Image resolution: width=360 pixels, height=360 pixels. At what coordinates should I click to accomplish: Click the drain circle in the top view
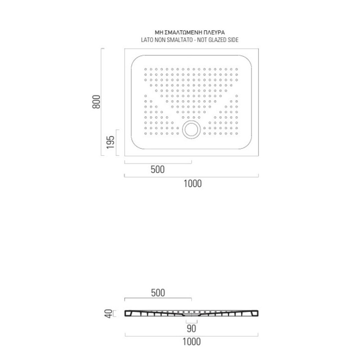pos(191,129)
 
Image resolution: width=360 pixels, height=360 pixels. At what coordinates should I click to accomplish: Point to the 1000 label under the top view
pos(192,183)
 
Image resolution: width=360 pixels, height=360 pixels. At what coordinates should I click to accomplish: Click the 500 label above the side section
pos(157,293)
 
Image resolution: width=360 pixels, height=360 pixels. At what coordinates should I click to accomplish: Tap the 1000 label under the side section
pos(192,342)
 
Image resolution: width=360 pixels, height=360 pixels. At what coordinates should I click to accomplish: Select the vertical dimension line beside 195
pos(117,143)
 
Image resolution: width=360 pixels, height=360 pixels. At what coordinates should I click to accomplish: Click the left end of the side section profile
pos(126,314)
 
